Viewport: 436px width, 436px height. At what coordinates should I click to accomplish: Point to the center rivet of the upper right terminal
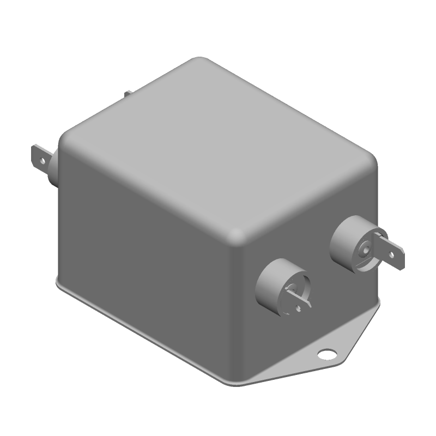click(366, 251)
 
